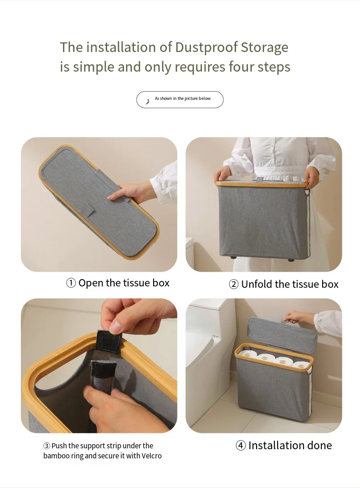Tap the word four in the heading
coord(240,67)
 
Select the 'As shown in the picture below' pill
coord(180,99)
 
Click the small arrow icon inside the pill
coord(147,101)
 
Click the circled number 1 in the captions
coord(71,283)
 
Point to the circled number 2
coord(233,285)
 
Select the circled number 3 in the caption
coord(46,446)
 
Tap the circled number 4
coord(241,446)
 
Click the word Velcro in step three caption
coord(151,456)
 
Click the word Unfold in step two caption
coord(255,285)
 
